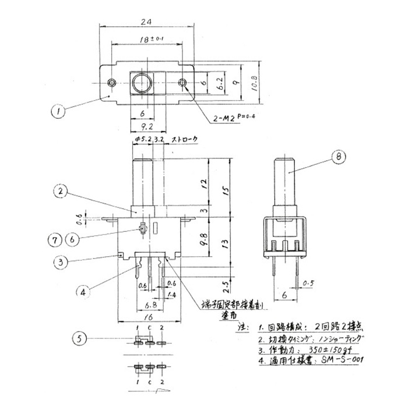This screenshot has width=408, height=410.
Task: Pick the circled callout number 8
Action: pos(337,155)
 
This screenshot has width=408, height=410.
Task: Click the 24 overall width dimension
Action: pos(147,20)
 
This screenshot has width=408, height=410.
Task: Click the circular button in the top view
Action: pos(142,83)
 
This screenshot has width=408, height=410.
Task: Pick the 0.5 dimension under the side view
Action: pos(309,284)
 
